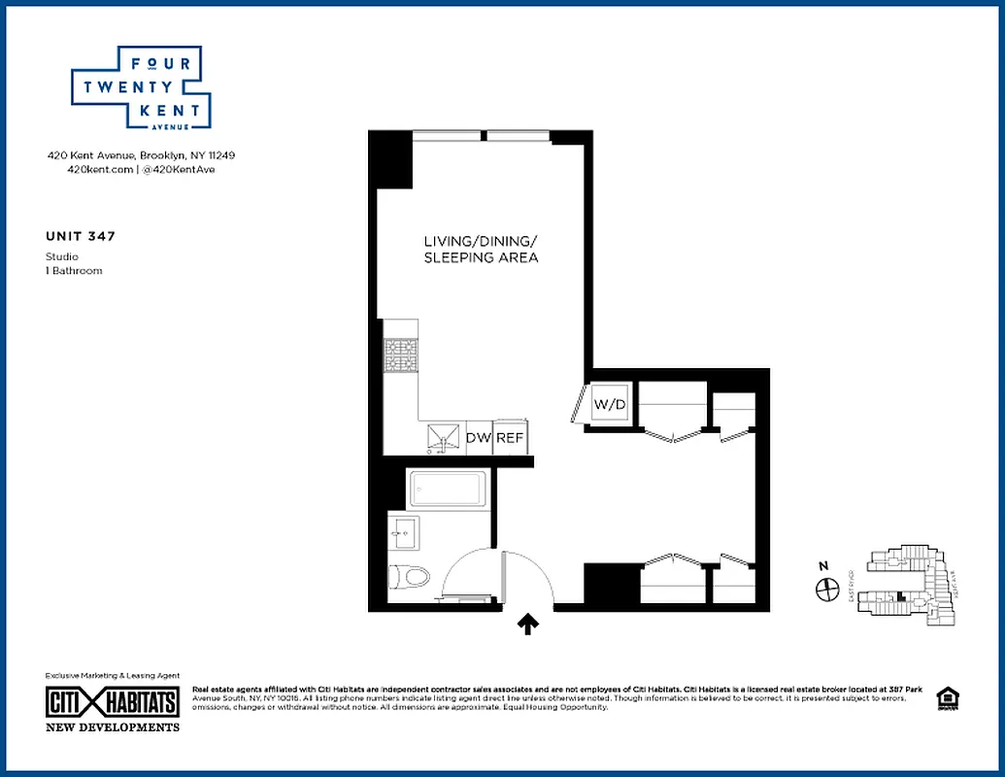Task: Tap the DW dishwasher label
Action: point(479,438)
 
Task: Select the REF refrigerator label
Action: point(510,438)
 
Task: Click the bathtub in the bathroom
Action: point(447,489)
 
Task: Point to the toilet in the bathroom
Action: point(412,577)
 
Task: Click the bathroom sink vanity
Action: point(404,532)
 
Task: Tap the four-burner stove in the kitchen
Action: point(399,355)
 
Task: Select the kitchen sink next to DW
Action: point(444,438)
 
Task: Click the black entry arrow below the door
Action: point(528,624)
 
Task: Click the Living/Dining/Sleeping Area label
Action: point(481,250)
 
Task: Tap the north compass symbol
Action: point(827,588)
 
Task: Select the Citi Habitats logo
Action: point(113,702)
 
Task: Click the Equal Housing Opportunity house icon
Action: point(945,697)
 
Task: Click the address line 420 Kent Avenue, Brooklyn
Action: point(142,155)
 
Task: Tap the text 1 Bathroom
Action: point(74,271)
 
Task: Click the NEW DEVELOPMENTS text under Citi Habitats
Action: point(113,726)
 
